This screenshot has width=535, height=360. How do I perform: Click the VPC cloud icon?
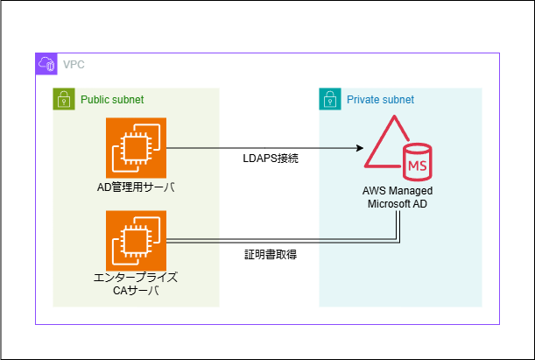coord(46,64)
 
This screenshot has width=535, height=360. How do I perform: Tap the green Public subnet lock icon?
coord(64,99)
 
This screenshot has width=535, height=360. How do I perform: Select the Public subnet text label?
coord(112,100)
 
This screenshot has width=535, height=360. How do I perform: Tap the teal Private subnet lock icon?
coord(330,99)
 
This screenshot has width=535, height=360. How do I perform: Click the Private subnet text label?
coord(380,100)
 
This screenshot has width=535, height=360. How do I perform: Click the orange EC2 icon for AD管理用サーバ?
coord(136,148)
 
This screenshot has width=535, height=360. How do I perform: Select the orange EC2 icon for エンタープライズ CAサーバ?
coord(136,241)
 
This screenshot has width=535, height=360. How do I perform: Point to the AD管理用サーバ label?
coord(136,187)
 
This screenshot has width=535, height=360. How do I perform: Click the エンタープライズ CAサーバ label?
coord(136,284)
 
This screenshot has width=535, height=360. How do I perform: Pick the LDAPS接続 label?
coord(271,159)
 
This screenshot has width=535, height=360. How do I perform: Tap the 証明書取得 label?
coord(271,255)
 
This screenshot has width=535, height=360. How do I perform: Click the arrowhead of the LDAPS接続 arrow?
coord(360,149)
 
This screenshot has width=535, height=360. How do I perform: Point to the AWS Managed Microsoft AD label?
coord(398,197)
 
